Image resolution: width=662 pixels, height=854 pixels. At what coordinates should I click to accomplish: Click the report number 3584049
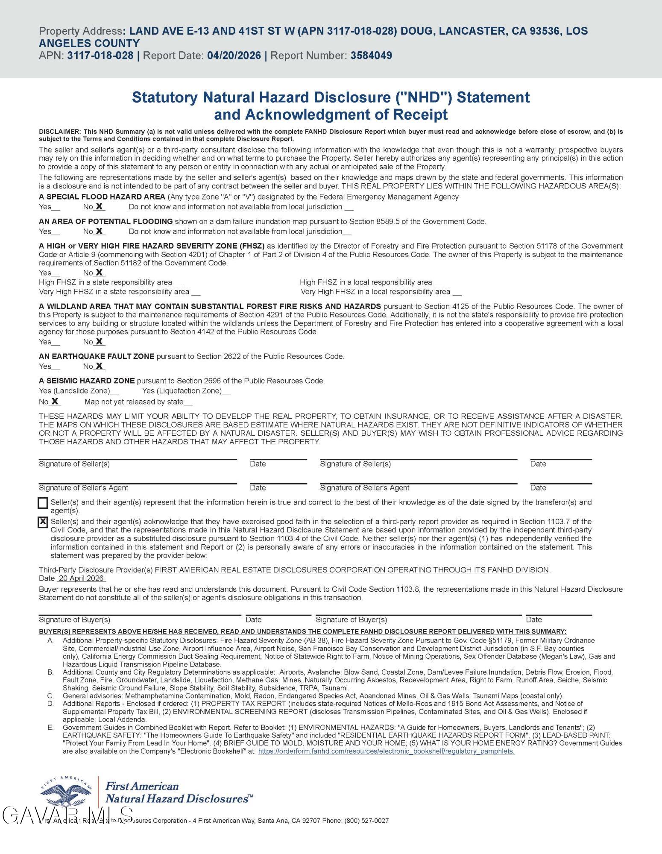pos(371,56)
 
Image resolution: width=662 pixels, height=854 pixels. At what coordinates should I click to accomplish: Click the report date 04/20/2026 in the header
pos(234,56)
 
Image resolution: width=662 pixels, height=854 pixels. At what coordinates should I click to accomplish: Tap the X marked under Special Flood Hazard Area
pos(99,206)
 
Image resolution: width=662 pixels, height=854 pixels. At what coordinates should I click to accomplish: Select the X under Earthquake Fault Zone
pos(99,366)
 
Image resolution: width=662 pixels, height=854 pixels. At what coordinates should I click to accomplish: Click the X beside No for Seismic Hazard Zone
pos(55,402)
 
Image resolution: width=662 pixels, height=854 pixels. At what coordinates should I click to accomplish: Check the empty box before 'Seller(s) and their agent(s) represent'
pos(43,503)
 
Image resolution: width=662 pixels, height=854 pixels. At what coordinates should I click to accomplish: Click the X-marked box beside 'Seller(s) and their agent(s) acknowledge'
pos(43,522)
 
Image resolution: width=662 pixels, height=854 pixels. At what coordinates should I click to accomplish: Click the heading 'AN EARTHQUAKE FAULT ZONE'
pos(97,356)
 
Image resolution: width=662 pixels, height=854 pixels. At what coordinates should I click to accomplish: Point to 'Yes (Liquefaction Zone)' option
pos(182,391)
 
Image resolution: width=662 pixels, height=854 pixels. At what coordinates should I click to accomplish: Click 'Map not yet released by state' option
pos(134,402)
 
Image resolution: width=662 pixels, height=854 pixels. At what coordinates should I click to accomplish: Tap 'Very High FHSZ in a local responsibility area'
pos(375,292)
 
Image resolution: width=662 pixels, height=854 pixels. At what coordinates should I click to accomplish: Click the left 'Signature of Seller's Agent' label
pos(83,488)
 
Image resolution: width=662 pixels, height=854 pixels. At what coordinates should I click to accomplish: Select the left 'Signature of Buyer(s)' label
pos(74,619)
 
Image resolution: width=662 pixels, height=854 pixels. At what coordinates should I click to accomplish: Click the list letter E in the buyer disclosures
pos(50,727)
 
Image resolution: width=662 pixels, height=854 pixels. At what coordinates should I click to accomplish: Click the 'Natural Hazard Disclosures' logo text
pos(177,798)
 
